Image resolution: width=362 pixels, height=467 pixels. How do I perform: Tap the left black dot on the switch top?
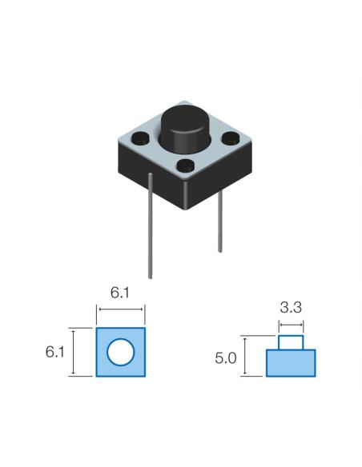(141, 138)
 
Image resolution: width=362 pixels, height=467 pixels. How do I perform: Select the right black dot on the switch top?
(231, 137)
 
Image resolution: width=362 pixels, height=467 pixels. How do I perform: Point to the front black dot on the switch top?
(186, 166)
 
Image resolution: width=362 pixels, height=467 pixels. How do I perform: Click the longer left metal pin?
(151, 226)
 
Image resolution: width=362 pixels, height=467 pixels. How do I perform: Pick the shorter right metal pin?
(219, 221)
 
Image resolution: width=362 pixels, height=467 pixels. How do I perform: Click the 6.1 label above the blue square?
(120, 293)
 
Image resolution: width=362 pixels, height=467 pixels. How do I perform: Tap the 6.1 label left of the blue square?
(55, 352)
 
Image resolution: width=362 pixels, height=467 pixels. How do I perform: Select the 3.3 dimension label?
(291, 307)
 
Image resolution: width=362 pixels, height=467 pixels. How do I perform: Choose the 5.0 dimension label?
(226, 358)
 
